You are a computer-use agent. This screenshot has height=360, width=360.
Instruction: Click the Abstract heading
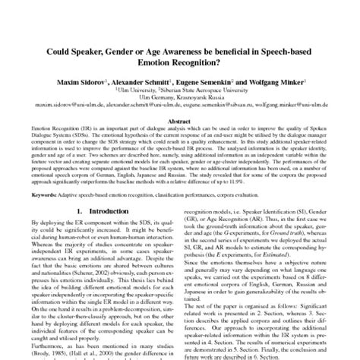tap(179, 120)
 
